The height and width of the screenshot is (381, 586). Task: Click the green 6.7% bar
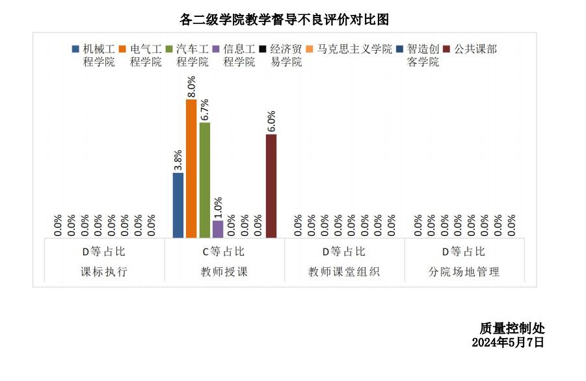(x=205, y=180)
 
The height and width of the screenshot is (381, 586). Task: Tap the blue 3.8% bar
(x=178, y=205)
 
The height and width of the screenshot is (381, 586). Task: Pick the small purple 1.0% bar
(x=218, y=229)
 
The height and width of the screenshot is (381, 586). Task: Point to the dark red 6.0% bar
(x=271, y=186)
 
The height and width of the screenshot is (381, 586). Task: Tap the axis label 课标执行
(x=104, y=272)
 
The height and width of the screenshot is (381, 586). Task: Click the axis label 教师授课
(x=224, y=272)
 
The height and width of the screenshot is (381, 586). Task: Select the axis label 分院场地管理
(x=465, y=272)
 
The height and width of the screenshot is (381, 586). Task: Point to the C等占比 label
(x=224, y=252)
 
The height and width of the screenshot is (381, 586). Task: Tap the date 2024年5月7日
(x=507, y=342)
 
